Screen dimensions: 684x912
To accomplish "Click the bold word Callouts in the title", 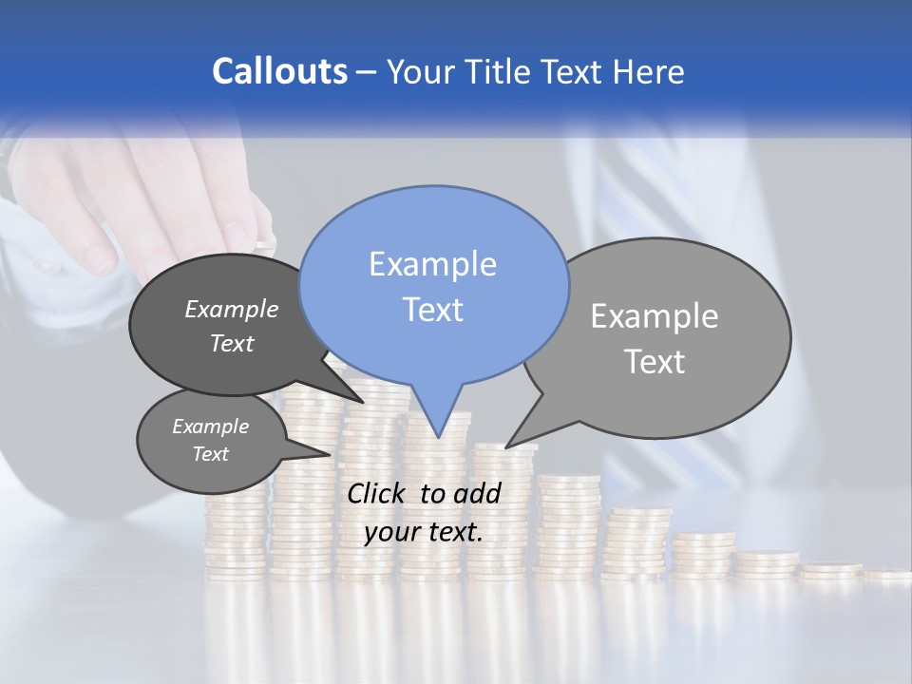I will tap(279, 71).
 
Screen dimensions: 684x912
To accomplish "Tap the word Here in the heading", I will tap(649, 71).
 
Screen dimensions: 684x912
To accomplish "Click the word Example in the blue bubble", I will tap(432, 264).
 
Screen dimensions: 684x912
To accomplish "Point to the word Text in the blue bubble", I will tap(432, 310).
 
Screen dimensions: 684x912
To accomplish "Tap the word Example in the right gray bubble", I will tap(654, 316).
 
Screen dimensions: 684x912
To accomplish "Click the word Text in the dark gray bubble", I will tap(231, 343).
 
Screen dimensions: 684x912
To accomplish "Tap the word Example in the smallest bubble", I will tap(210, 427).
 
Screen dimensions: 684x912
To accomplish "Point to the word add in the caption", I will tap(477, 493).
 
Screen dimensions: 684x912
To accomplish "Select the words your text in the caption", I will tap(424, 533).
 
